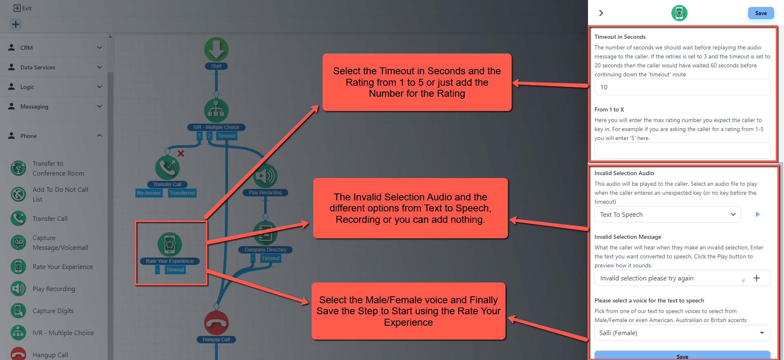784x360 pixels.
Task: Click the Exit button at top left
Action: (x=22, y=8)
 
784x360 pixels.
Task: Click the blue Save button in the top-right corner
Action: (x=761, y=13)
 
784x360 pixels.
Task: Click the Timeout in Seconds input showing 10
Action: (x=682, y=87)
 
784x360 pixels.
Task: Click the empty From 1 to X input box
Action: (x=682, y=151)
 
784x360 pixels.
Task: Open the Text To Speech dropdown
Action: (x=667, y=215)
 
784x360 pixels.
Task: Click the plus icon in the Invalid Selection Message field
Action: (x=757, y=278)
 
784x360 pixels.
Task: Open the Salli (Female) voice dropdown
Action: (x=682, y=333)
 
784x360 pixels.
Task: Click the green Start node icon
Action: (x=216, y=50)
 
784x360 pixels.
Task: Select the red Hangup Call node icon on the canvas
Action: (x=216, y=323)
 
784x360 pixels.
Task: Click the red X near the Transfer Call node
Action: (x=181, y=153)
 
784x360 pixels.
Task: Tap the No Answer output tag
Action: (x=149, y=193)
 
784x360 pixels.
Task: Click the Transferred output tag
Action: (x=182, y=193)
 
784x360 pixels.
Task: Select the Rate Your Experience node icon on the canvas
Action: (x=170, y=245)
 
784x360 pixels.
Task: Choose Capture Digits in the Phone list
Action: (x=53, y=311)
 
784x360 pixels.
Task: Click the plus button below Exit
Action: (x=16, y=24)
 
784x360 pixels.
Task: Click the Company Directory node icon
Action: (x=265, y=233)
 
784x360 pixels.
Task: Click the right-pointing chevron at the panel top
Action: (x=601, y=13)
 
